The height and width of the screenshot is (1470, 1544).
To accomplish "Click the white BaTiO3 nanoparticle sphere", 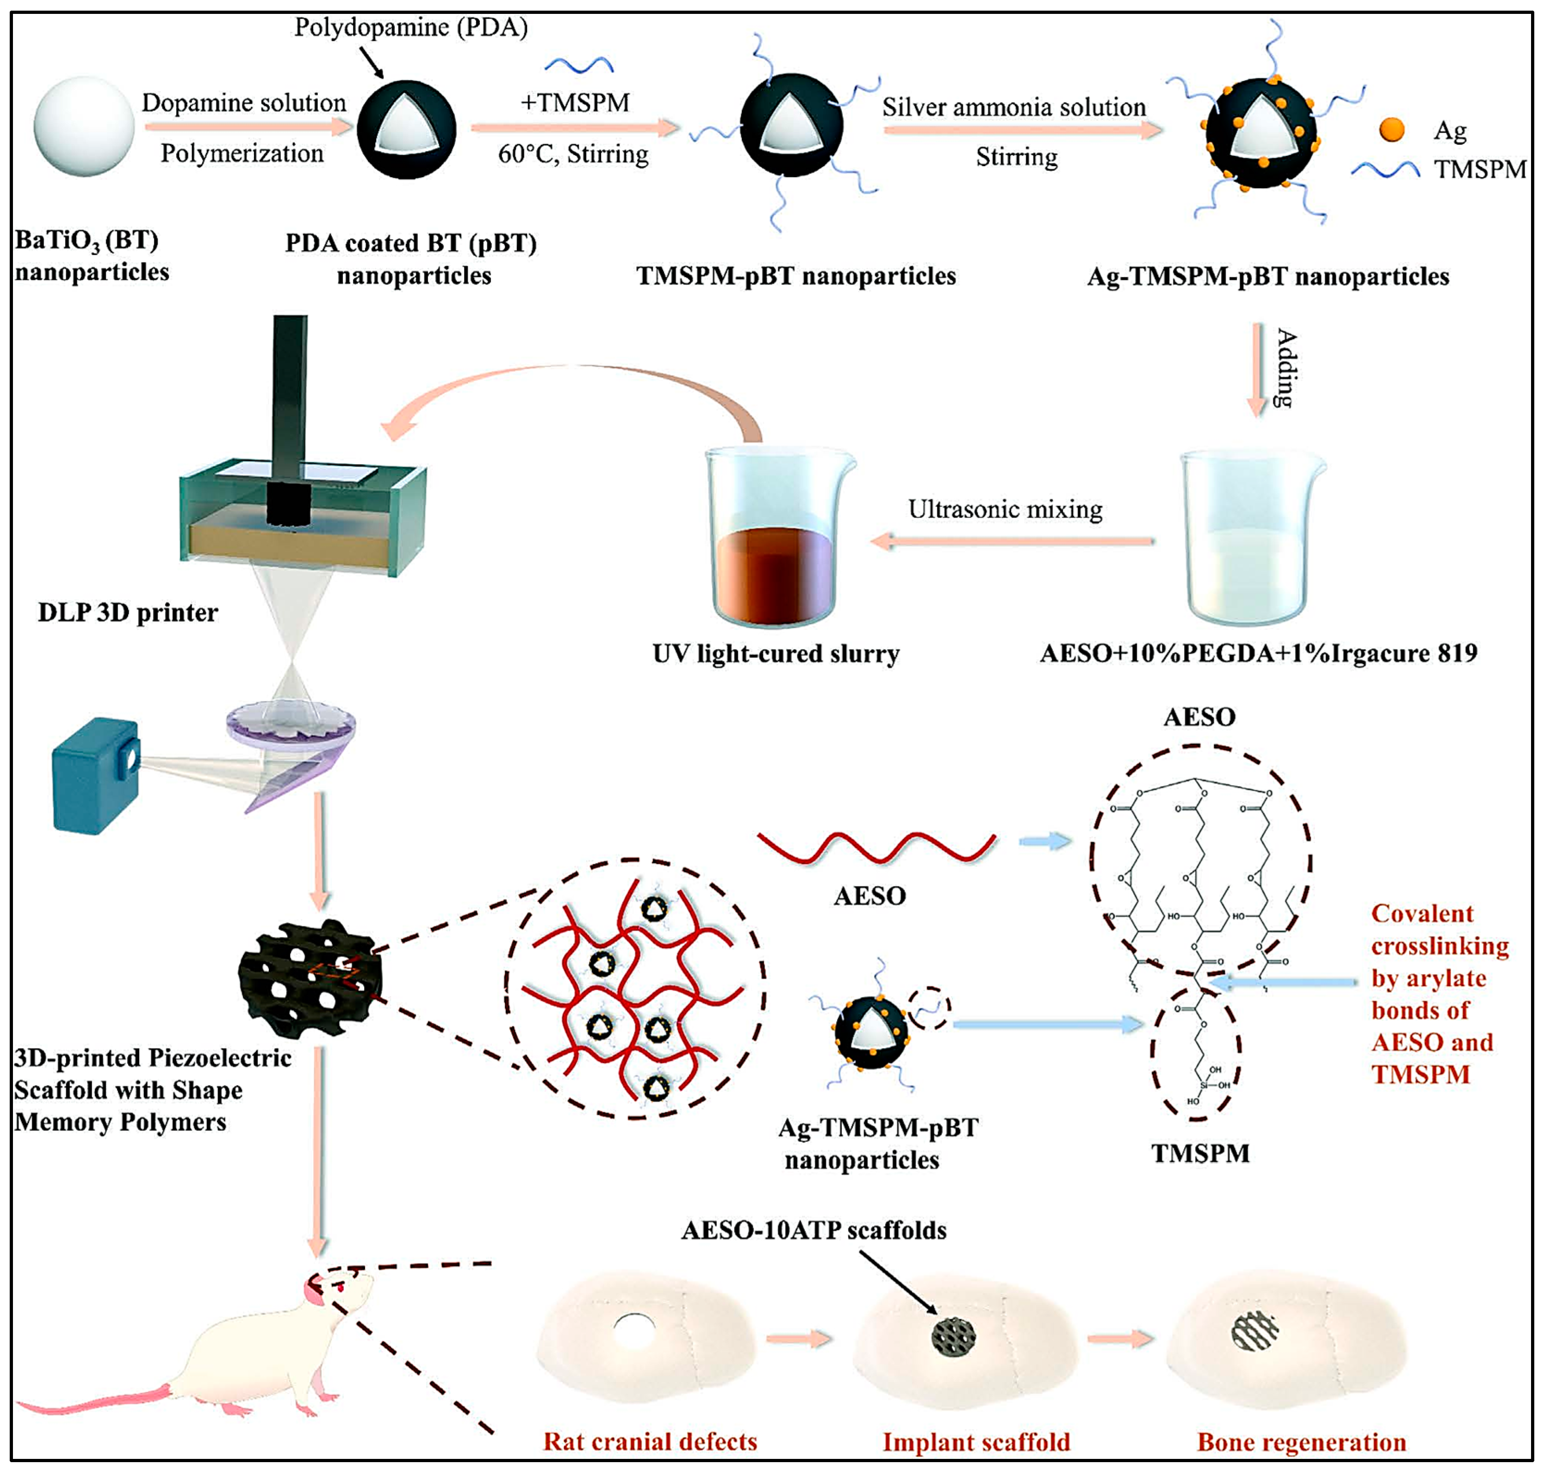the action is pos(84,126).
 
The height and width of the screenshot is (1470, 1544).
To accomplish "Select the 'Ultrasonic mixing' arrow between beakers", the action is pos(1012,541).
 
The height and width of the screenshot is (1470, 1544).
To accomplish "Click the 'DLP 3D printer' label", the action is pos(128,613).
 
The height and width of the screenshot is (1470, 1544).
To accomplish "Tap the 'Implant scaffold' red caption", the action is pos(976,1442).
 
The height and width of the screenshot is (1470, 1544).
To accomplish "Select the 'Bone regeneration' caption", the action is pos(1301,1442).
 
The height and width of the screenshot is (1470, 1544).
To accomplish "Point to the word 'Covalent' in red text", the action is pos(1422,914).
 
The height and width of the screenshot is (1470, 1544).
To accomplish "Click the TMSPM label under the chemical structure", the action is pos(1200,1154).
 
